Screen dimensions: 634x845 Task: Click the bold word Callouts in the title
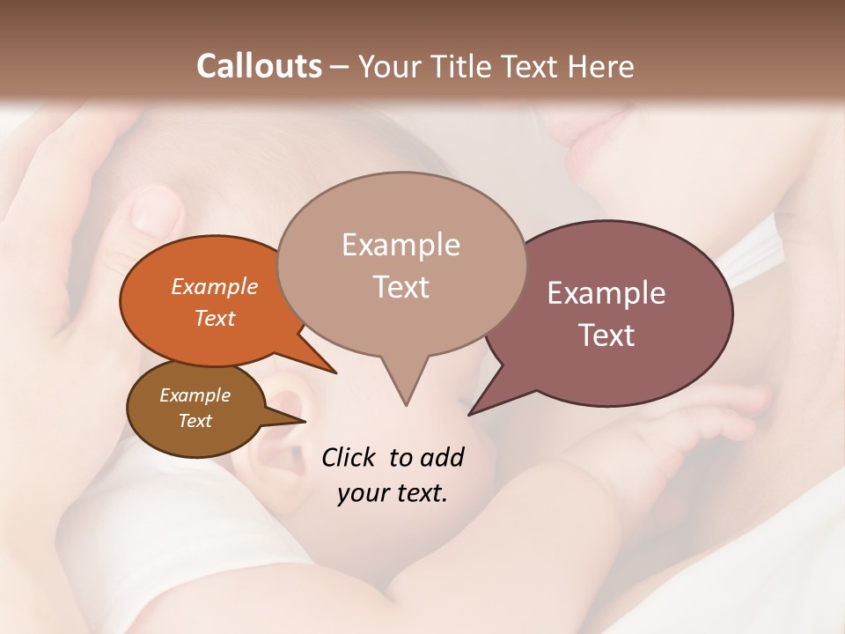[x=259, y=66]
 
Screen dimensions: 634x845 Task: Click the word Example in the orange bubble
[x=215, y=286]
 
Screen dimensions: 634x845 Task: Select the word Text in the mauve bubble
[x=606, y=335]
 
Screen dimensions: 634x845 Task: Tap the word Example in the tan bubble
[x=400, y=245]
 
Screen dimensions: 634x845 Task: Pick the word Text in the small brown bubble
[x=195, y=421]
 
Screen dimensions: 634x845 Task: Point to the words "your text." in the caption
[x=393, y=493]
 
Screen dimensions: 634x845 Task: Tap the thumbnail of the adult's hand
[x=156, y=210]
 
